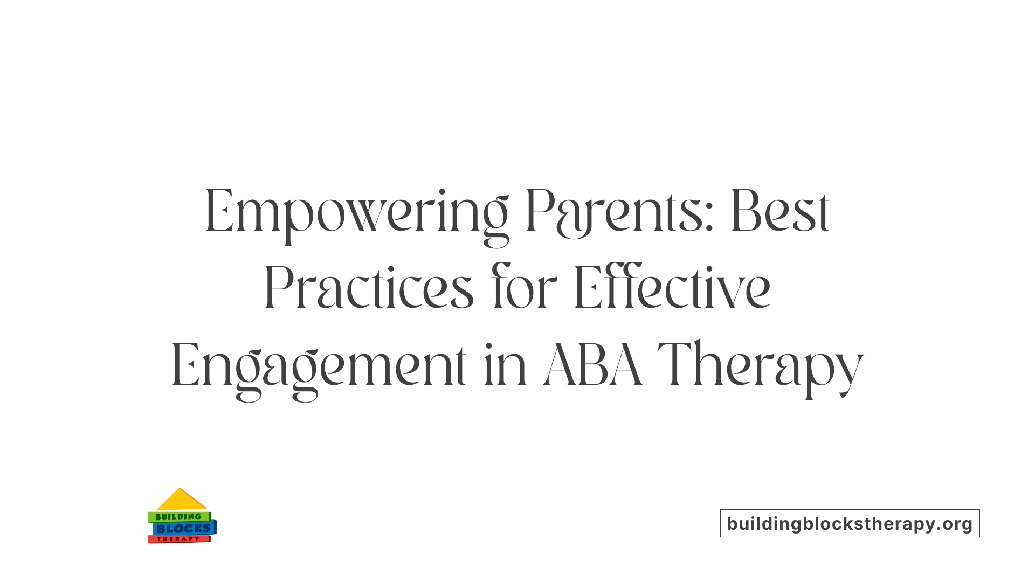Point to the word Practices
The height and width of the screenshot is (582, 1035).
pyautogui.click(x=369, y=288)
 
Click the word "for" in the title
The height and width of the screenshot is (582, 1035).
pyautogui.click(x=523, y=288)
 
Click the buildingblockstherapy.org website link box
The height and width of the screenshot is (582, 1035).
pyautogui.click(x=850, y=523)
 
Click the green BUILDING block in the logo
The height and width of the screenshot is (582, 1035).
pyautogui.click(x=178, y=517)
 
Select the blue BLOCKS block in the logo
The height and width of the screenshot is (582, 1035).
pyautogui.click(x=184, y=528)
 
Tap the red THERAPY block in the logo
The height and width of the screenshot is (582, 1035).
pyautogui.click(x=178, y=539)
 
